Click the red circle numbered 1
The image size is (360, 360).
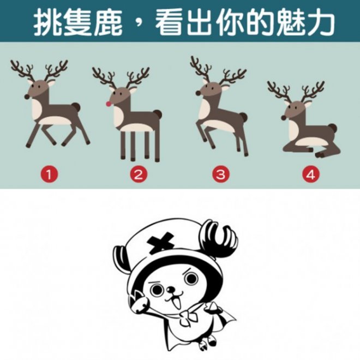pyautogui.click(x=49, y=175)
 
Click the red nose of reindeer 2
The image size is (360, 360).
pyautogui.click(x=109, y=104)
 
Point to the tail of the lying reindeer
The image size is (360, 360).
pyautogui.click(x=333, y=128)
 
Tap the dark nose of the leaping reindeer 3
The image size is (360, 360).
pyautogui.click(x=198, y=93)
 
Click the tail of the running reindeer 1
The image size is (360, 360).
pyautogui.click(x=76, y=107)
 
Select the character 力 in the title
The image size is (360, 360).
pyautogui.click(x=319, y=22)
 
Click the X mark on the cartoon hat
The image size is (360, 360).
pyautogui.click(x=160, y=243)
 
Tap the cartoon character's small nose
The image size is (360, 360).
pyautogui.click(x=170, y=290)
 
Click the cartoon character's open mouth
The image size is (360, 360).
pyautogui.click(x=176, y=302)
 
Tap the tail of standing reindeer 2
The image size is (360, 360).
pyautogui.click(x=158, y=114)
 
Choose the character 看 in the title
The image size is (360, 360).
pyautogui.click(x=170, y=22)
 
